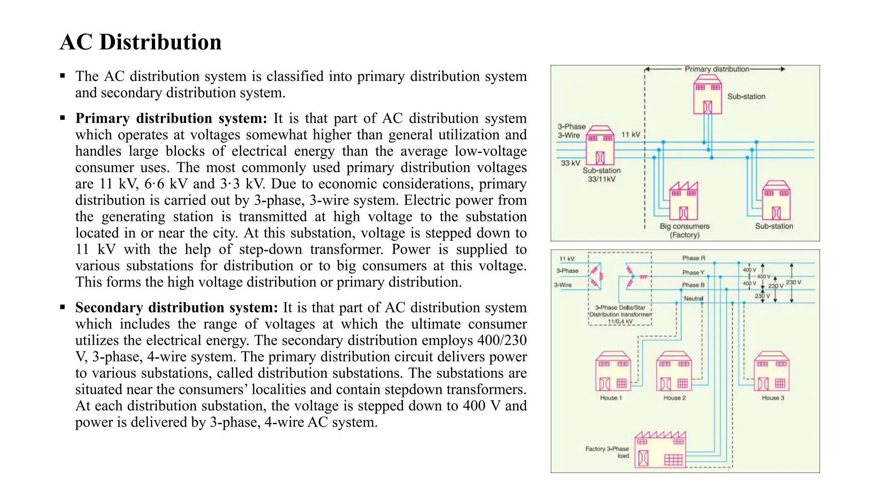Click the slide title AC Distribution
pos(140,42)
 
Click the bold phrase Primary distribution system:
pos(171,118)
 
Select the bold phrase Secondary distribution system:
pos(176,307)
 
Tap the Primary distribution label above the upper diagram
pos(717,69)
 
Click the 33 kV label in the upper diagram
pos(570,163)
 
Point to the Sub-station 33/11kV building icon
pos(600,146)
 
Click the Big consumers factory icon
pos(683,201)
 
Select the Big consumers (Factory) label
pos(685,230)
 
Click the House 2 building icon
pos(674,371)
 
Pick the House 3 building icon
pos(772,371)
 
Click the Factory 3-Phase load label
pos(607,452)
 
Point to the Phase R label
pos(694,258)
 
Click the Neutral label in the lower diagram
pos(694,298)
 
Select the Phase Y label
pos(693,272)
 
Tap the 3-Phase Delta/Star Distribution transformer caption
pos(620,314)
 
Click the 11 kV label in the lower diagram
pos(567,259)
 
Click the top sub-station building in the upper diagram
pos(707,95)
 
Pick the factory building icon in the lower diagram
pos(660,450)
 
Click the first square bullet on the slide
pos(63,76)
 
